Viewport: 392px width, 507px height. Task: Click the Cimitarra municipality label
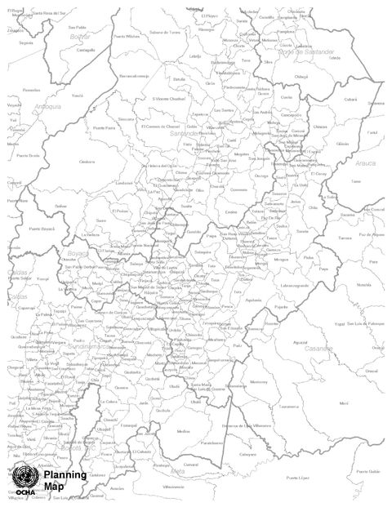coord(87,162)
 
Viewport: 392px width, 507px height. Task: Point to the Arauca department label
coord(366,163)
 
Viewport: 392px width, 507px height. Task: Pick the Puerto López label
coord(297,477)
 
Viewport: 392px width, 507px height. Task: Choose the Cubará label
coord(328,100)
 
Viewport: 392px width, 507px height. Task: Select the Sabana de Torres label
coord(164,32)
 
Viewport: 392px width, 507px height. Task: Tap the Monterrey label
coord(258,382)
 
